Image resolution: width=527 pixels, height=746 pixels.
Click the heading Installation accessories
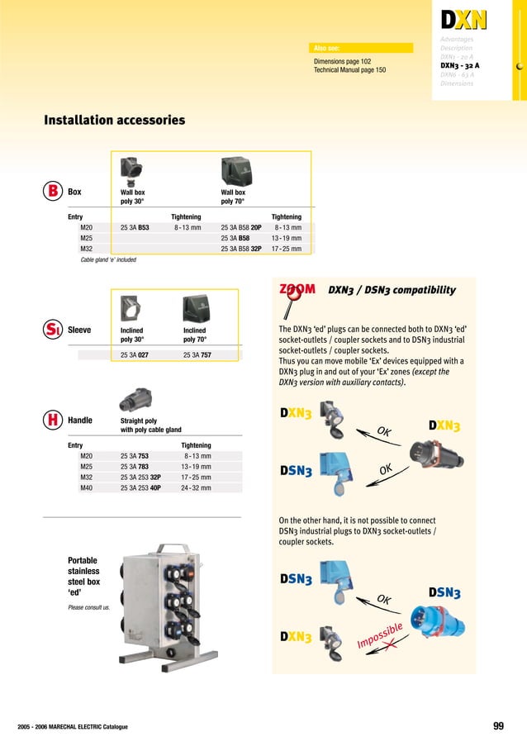[x=114, y=121]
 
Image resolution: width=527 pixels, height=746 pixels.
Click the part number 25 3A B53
[x=135, y=226]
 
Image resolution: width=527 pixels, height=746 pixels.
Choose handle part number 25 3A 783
[x=135, y=466]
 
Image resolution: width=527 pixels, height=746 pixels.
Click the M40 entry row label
[x=87, y=487]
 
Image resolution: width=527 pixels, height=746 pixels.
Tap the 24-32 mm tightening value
[x=196, y=487]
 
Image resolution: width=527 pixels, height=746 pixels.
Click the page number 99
[x=498, y=726]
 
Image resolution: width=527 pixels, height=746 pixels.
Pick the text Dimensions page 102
[x=342, y=62]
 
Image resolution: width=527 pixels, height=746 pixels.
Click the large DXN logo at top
[x=463, y=19]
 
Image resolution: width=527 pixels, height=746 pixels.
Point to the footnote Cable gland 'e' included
[x=102, y=259]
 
